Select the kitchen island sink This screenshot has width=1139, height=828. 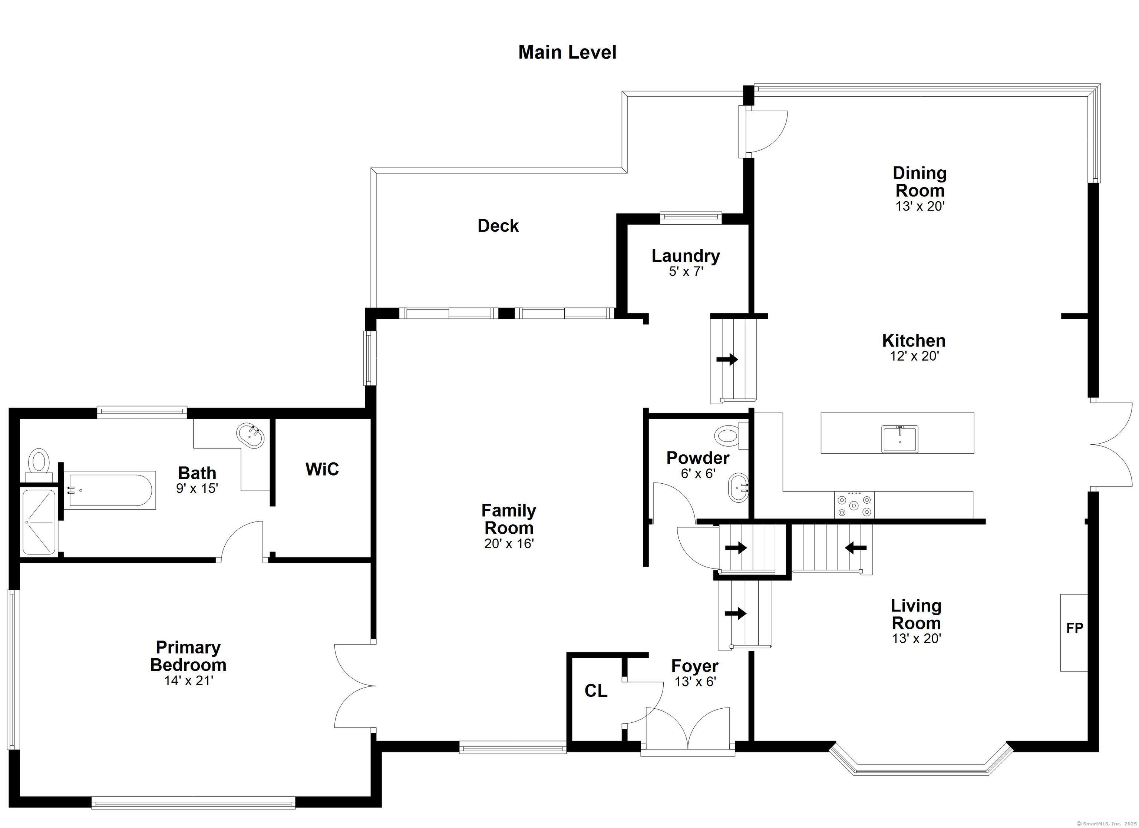[x=899, y=439]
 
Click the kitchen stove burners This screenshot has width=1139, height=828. [x=854, y=505]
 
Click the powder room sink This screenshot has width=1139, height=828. [x=738, y=487]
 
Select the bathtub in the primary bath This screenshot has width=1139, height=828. [x=110, y=490]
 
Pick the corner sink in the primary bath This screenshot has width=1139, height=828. [x=251, y=435]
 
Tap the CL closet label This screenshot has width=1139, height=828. [x=595, y=691]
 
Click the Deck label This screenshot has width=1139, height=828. [x=498, y=226]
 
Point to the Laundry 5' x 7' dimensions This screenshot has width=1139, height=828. [x=686, y=272]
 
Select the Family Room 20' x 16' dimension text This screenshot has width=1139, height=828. [x=509, y=544]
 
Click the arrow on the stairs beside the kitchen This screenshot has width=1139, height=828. [x=727, y=360]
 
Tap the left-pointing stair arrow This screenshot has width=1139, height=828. [x=856, y=548]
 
